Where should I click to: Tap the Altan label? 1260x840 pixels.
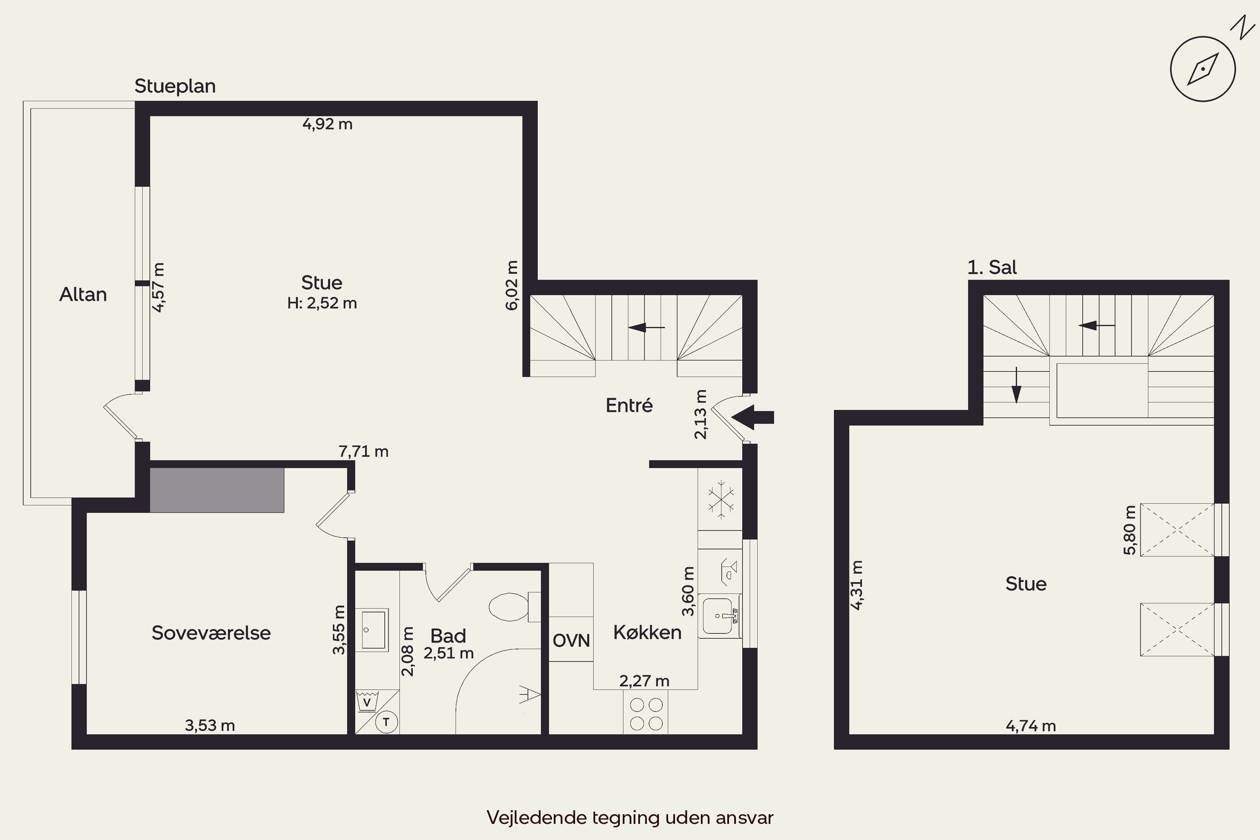click(83, 295)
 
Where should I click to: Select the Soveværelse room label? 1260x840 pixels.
click(211, 633)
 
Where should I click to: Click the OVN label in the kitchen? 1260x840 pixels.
click(571, 640)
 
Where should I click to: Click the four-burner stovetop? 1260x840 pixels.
click(646, 712)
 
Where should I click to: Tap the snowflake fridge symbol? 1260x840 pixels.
click(721, 500)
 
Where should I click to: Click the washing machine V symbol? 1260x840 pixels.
click(367, 701)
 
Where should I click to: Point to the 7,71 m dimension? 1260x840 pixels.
click(363, 451)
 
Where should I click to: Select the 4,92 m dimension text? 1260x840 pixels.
click(327, 124)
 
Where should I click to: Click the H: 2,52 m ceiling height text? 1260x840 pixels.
click(322, 303)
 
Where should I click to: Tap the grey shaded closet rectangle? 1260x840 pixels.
click(217, 490)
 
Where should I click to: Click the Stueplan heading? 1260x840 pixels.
click(175, 86)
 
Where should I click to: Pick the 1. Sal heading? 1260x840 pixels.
click(992, 267)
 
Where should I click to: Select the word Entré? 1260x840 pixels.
click(629, 406)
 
